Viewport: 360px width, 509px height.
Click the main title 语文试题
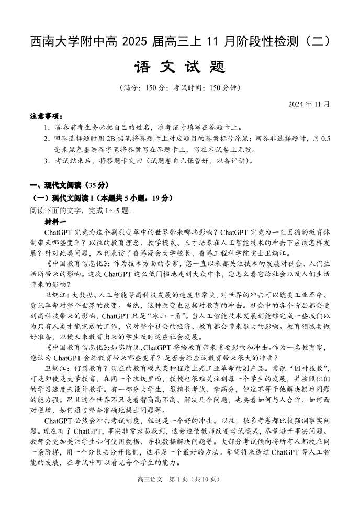click(179, 68)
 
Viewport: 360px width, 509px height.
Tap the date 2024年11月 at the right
click(309, 104)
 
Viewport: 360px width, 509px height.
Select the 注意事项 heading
click(47, 116)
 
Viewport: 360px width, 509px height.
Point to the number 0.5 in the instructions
click(325, 139)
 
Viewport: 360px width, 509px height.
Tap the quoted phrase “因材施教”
click(312, 368)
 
